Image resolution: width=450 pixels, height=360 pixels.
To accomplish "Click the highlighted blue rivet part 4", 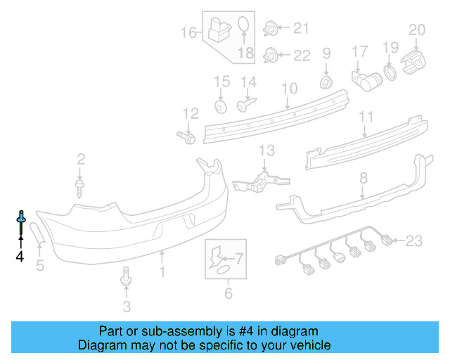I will click(20, 221).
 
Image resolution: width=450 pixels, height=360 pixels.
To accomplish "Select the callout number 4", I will click(20, 257).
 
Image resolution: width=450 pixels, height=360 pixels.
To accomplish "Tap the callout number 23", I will click(413, 242).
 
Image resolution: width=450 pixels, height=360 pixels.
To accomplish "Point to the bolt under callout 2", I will click(80, 186).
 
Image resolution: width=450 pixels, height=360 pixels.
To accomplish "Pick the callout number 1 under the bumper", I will click(162, 270).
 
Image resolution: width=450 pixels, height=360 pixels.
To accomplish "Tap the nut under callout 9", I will click(326, 82).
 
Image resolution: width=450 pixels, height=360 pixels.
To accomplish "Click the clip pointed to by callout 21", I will click(270, 30).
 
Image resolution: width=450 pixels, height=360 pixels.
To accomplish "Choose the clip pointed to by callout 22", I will click(270, 55).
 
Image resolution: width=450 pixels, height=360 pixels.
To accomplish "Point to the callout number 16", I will click(188, 32).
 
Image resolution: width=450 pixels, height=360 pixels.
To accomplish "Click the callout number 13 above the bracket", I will click(266, 150).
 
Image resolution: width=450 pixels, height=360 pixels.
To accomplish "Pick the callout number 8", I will click(364, 179).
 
